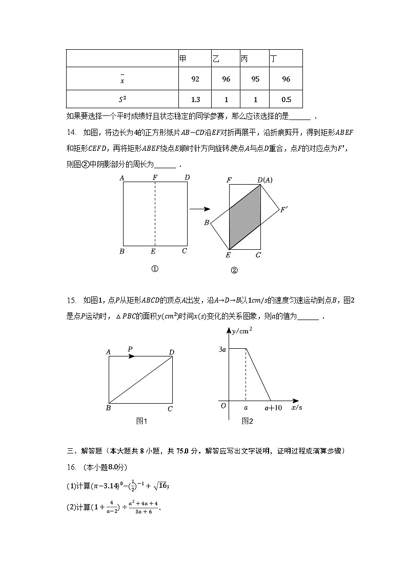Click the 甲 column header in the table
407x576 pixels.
click(x=183, y=59)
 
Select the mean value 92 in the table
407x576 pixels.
click(x=195, y=79)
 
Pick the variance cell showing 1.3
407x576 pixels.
click(x=195, y=100)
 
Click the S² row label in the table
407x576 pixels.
click(x=122, y=100)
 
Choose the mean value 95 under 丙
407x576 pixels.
click(x=255, y=79)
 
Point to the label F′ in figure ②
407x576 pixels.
click(x=284, y=209)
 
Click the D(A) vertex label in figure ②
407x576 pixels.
click(x=264, y=180)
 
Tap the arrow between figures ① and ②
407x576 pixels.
click(x=200, y=209)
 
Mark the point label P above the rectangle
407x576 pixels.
click(x=131, y=349)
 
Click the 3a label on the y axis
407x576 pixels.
click(x=222, y=349)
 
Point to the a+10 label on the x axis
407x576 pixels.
click(x=273, y=408)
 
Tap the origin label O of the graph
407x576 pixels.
click(x=223, y=406)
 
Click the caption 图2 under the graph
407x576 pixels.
click(x=248, y=421)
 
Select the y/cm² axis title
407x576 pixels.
click(x=242, y=331)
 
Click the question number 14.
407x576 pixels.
click(x=71, y=133)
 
